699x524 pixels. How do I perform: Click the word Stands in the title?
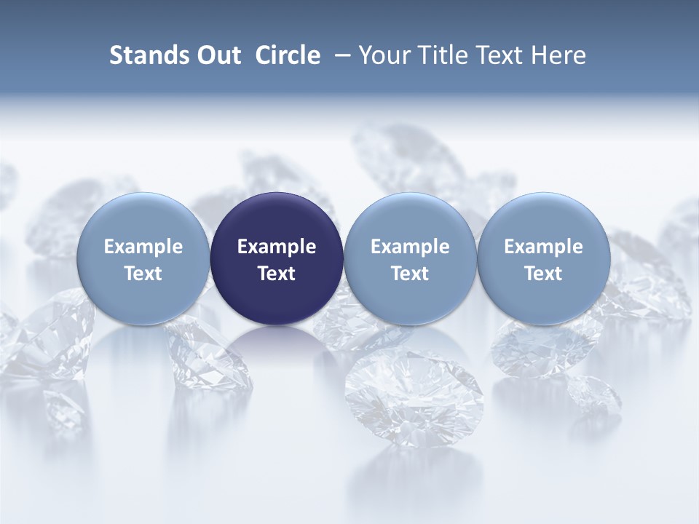[142, 55]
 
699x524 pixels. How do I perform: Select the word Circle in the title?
[288, 55]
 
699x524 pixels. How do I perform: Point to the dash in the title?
[339, 55]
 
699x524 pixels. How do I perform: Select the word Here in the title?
[558, 55]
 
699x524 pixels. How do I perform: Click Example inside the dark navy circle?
[277, 247]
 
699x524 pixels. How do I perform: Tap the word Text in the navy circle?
[277, 274]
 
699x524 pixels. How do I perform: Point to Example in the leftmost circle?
[143, 247]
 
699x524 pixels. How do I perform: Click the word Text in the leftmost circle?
[143, 274]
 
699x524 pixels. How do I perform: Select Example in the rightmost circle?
[543, 247]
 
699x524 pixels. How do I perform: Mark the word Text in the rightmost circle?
[543, 274]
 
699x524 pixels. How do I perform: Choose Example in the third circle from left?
[410, 247]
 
